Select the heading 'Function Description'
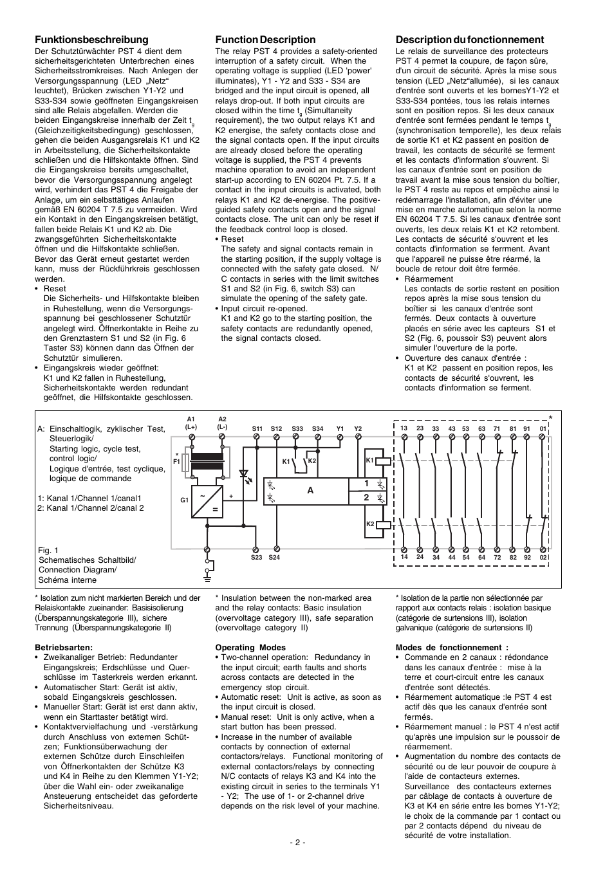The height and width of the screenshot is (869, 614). tap(265, 40)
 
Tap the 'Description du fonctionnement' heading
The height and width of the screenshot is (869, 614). tap(470, 40)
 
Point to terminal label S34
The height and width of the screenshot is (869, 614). tap(318, 428)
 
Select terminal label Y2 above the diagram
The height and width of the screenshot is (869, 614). tap(358, 428)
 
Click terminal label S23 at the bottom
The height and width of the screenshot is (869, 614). tap(257, 558)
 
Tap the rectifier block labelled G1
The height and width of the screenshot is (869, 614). tap(207, 500)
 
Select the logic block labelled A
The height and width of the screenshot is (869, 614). tap(310, 491)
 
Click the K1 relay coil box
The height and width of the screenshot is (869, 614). tap(382, 461)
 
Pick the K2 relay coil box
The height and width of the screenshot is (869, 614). tap(382, 524)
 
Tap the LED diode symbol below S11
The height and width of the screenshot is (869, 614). tap(244, 475)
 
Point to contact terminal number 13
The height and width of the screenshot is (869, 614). tap(404, 428)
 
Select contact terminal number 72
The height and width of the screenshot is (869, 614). tap(497, 557)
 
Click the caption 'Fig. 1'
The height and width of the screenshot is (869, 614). tap(48, 551)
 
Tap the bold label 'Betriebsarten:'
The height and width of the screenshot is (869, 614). tap(63, 648)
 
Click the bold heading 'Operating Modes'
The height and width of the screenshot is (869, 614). tap(250, 648)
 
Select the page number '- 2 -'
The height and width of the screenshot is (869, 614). tap(297, 843)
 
